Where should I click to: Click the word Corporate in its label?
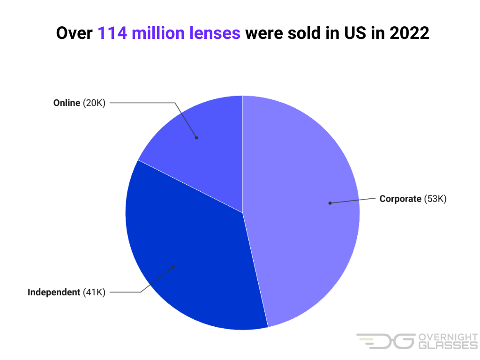(x=400, y=199)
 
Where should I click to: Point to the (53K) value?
(x=435, y=199)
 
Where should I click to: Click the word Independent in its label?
(x=54, y=292)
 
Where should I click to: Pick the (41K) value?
(x=94, y=292)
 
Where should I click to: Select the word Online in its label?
(x=67, y=103)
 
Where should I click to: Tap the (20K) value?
(x=94, y=103)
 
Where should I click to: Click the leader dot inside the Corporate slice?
(x=330, y=203)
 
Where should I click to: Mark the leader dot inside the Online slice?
(x=196, y=138)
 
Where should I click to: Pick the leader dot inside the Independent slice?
(x=173, y=267)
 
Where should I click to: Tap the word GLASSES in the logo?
(x=447, y=345)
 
